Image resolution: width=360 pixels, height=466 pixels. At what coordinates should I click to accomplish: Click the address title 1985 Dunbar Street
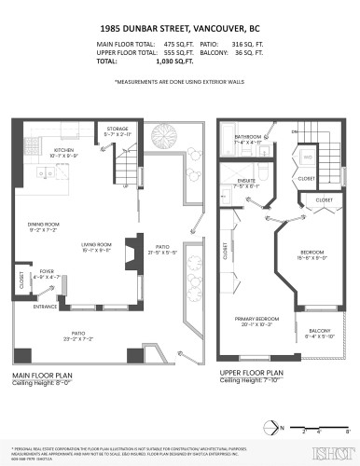click(x=179, y=27)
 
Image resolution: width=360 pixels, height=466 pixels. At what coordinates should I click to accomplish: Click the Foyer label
click(x=46, y=273)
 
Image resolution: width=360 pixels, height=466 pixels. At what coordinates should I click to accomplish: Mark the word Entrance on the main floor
click(x=46, y=306)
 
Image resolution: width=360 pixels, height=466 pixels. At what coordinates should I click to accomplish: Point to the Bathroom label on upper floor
click(x=247, y=137)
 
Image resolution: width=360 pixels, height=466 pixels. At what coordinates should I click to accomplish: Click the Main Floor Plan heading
click(x=44, y=376)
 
